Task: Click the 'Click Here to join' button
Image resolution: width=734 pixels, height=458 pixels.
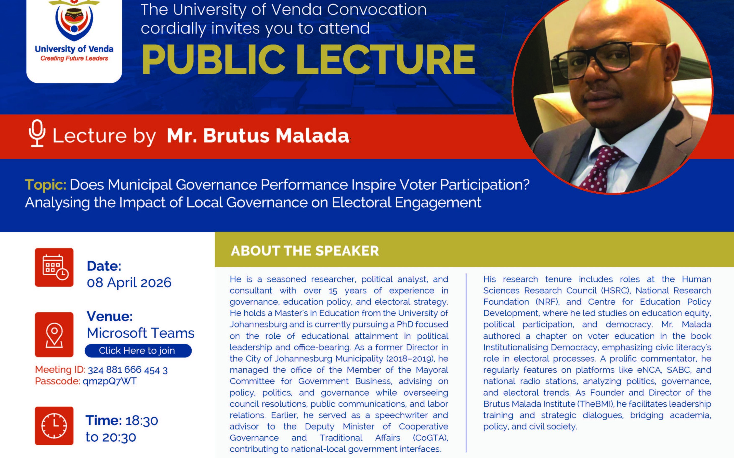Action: click(x=138, y=350)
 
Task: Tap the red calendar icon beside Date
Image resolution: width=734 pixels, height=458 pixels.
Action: click(x=54, y=267)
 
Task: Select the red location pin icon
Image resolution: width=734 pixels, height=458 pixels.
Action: click(x=54, y=334)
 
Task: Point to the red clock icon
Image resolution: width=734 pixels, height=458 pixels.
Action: click(x=54, y=426)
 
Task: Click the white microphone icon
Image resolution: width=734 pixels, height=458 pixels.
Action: click(x=37, y=133)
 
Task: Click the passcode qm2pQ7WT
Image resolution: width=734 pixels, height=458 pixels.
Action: click(x=110, y=381)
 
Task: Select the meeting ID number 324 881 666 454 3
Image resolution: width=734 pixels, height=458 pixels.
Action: click(x=128, y=370)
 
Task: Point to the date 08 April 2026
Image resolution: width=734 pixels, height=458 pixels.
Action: click(x=129, y=283)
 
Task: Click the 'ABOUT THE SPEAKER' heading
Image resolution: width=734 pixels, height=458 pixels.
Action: click(x=305, y=251)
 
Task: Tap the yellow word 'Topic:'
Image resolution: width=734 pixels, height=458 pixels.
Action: click(x=46, y=185)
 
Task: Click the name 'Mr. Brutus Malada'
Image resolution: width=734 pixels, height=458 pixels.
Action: click(x=258, y=135)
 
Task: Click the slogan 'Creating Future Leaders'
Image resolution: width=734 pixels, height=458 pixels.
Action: click(x=74, y=58)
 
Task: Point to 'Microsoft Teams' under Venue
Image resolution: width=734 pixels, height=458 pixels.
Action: click(x=141, y=333)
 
